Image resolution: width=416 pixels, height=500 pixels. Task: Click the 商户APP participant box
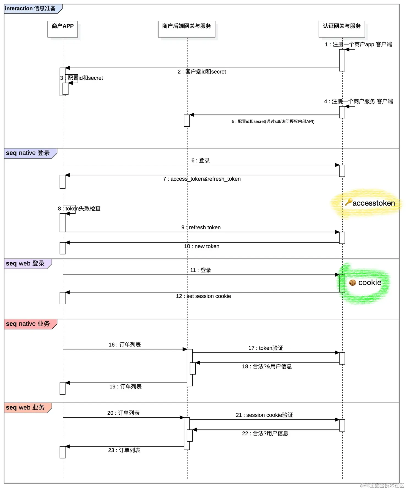click(62, 29)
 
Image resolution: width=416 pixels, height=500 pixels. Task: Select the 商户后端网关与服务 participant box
click(186, 29)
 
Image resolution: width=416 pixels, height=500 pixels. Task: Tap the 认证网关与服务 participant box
click(341, 29)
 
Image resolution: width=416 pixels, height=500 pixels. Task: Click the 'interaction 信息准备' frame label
click(30, 9)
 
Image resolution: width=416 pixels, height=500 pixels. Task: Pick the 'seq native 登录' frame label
click(28, 153)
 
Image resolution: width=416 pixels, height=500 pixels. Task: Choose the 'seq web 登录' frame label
click(25, 263)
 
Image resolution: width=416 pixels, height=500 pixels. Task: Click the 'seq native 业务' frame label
click(28, 324)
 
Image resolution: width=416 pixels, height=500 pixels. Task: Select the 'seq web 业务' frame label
click(25, 407)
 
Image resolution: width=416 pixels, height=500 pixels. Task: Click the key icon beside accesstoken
click(349, 202)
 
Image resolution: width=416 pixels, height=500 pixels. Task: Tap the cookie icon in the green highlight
click(352, 282)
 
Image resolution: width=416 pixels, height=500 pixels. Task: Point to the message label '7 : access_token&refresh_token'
click(202, 179)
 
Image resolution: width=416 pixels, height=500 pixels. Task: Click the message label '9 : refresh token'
click(201, 227)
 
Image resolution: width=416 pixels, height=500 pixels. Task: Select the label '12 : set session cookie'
click(203, 296)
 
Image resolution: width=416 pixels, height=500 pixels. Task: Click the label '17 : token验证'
click(266, 348)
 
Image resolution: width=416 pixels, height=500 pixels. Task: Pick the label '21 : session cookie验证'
click(264, 415)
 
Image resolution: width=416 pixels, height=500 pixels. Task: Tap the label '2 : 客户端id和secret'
click(202, 72)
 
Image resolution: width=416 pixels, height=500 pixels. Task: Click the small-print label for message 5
click(273, 121)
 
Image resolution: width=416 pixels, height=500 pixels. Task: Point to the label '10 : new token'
click(202, 246)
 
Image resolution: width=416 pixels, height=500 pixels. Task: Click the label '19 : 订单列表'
click(125, 387)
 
